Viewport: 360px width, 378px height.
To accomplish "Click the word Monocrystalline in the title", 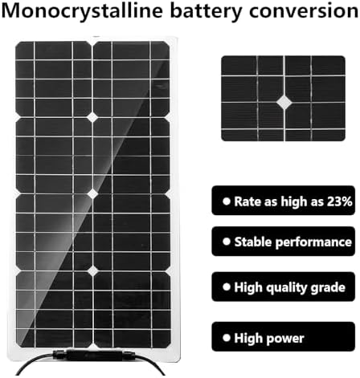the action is tap(82, 11).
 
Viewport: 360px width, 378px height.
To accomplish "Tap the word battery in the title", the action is tap(206, 11).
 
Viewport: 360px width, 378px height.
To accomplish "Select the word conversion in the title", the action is tap(304, 10).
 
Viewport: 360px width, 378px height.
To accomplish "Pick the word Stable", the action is tap(253, 242).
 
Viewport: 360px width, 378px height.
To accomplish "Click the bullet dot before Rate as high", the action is tap(227, 201).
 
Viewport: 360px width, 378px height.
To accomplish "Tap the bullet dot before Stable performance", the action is tap(227, 242).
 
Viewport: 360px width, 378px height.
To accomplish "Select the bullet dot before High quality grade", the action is tap(227, 287).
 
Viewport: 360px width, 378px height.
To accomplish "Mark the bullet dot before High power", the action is tap(227, 338).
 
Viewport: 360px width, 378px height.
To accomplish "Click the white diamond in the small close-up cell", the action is tap(284, 102).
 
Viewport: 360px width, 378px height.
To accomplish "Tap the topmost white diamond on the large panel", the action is tap(92, 117).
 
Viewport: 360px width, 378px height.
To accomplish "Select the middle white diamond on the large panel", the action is tap(92, 194).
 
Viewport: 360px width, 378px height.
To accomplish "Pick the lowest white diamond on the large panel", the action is tap(92, 271).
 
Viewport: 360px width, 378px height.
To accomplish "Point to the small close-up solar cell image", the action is tap(283, 98).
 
